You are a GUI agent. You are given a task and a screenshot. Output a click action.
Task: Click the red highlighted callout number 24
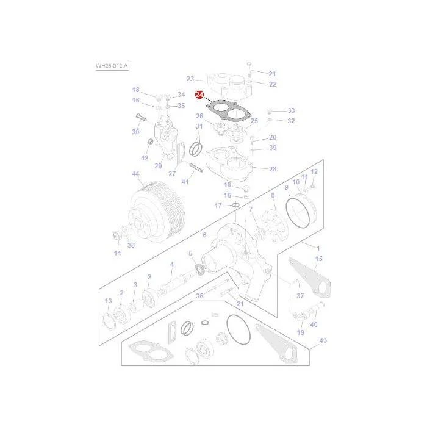pos(199,95)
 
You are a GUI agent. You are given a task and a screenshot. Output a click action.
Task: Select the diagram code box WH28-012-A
pos(112,66)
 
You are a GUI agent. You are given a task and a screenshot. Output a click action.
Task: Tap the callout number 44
pos(135,174)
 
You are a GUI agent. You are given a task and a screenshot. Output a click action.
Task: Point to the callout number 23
pos(190,79)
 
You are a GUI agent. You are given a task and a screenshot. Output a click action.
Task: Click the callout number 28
pos(273,169)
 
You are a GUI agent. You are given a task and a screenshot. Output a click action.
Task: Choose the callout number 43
pos(323,340)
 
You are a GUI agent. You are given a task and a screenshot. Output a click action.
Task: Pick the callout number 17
pos(218,206)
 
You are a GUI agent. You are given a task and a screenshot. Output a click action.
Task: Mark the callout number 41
pos(185,182)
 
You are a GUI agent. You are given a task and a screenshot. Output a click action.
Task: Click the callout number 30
pos(135,132)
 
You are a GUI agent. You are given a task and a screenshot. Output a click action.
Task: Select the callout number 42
pos(145,158)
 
